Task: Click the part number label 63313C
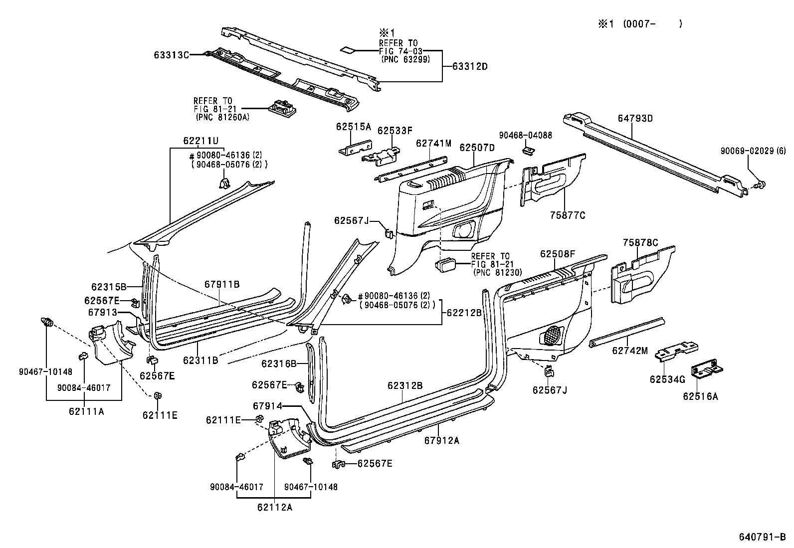click(x=171, y=55)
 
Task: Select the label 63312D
click(x=470, y=66)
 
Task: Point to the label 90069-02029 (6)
click(x=752, y=151)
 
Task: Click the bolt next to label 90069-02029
click(x=760, y=184)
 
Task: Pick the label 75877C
click(x=567, y=215)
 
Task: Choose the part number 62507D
click(x=477, y=148)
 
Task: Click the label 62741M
click(x=433, y=144)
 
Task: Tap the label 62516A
click(x=700, y=396)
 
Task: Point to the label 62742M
click(x=629, y=351)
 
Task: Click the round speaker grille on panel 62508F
click(x=552, y=335)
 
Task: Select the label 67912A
click(x=442, y=440)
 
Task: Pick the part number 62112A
click(x=275, y=508)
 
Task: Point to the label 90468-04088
click(x=525, y=135)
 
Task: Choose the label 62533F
click(x=395, y=131)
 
